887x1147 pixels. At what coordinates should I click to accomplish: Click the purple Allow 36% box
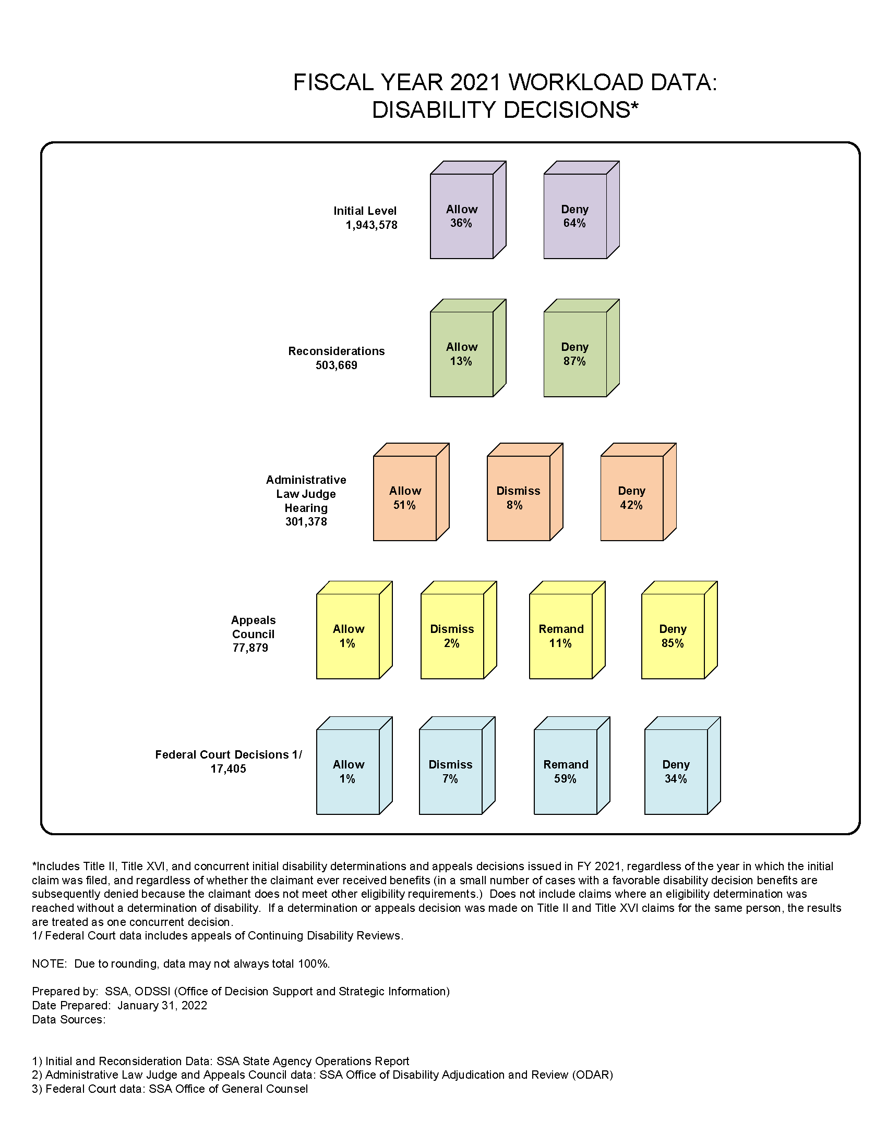(x=468, y=210)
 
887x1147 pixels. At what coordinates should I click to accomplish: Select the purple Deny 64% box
(x=581, y=210)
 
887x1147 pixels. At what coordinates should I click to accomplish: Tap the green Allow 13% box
(x=468, y=348)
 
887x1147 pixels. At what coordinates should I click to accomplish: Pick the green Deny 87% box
(x=581, y=348)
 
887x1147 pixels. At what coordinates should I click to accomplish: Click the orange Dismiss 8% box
(x=524, y=492)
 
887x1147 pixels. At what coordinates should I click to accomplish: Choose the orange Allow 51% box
(x=411, y=492)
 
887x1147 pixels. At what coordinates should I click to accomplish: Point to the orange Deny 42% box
(x=638, y=492)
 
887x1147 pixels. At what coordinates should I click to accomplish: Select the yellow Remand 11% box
(x=567, y=630)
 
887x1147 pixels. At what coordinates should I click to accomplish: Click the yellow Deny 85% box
(x=679, y=630)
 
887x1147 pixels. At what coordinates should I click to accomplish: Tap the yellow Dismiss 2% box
(x=458, y=630)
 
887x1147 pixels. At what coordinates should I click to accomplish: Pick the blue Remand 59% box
(x=572, y=766)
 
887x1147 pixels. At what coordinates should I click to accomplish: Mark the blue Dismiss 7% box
(x=457, y=766)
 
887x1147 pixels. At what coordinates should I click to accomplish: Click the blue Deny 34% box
(x=682, y=766)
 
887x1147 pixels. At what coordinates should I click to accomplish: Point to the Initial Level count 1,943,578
(x=371, y=225)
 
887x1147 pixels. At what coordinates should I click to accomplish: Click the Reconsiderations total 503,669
(x=337, y=365)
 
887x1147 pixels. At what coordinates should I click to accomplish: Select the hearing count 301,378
(x=306, y=521)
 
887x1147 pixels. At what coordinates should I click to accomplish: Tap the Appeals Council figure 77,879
(x=250, y=648)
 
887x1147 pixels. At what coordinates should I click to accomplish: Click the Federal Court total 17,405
(x=229, y=769)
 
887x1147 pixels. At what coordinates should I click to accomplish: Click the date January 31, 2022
(x=162, y=1005)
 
